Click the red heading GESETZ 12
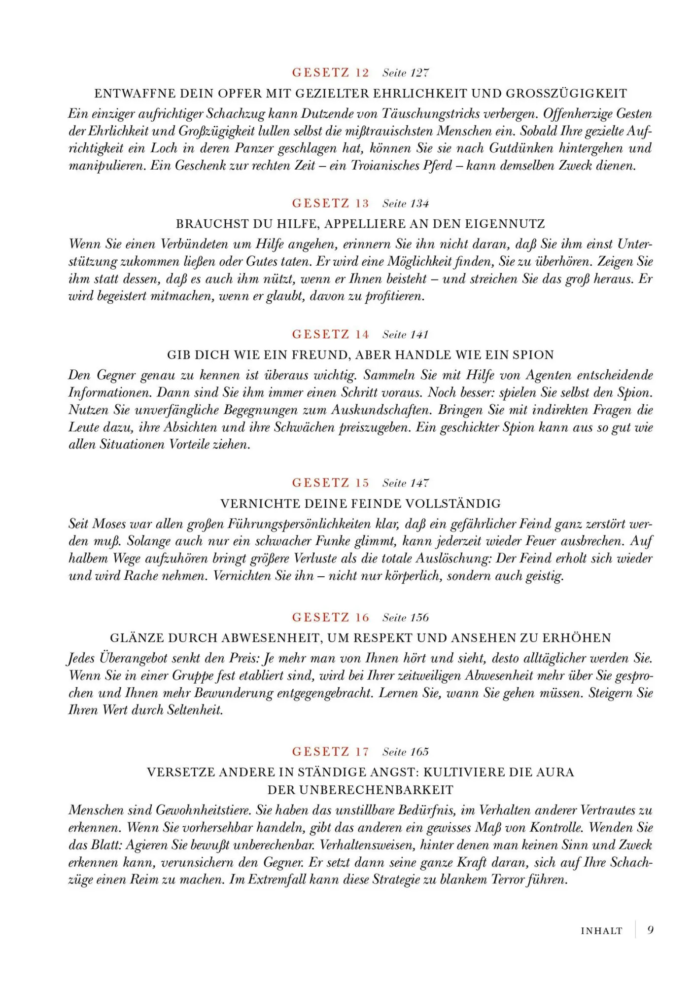coord(330,73)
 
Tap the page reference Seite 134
coord(406,204)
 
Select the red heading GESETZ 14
coord(330,334)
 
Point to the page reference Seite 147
coord(406,483)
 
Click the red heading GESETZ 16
coord(330,617)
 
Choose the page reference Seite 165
coord(406,752)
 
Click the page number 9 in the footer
coord(650,930)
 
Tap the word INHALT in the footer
coord(601,931)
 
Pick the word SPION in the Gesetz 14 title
coord(533,355)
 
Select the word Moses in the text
coord(109,524)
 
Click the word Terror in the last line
coord(510,880)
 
